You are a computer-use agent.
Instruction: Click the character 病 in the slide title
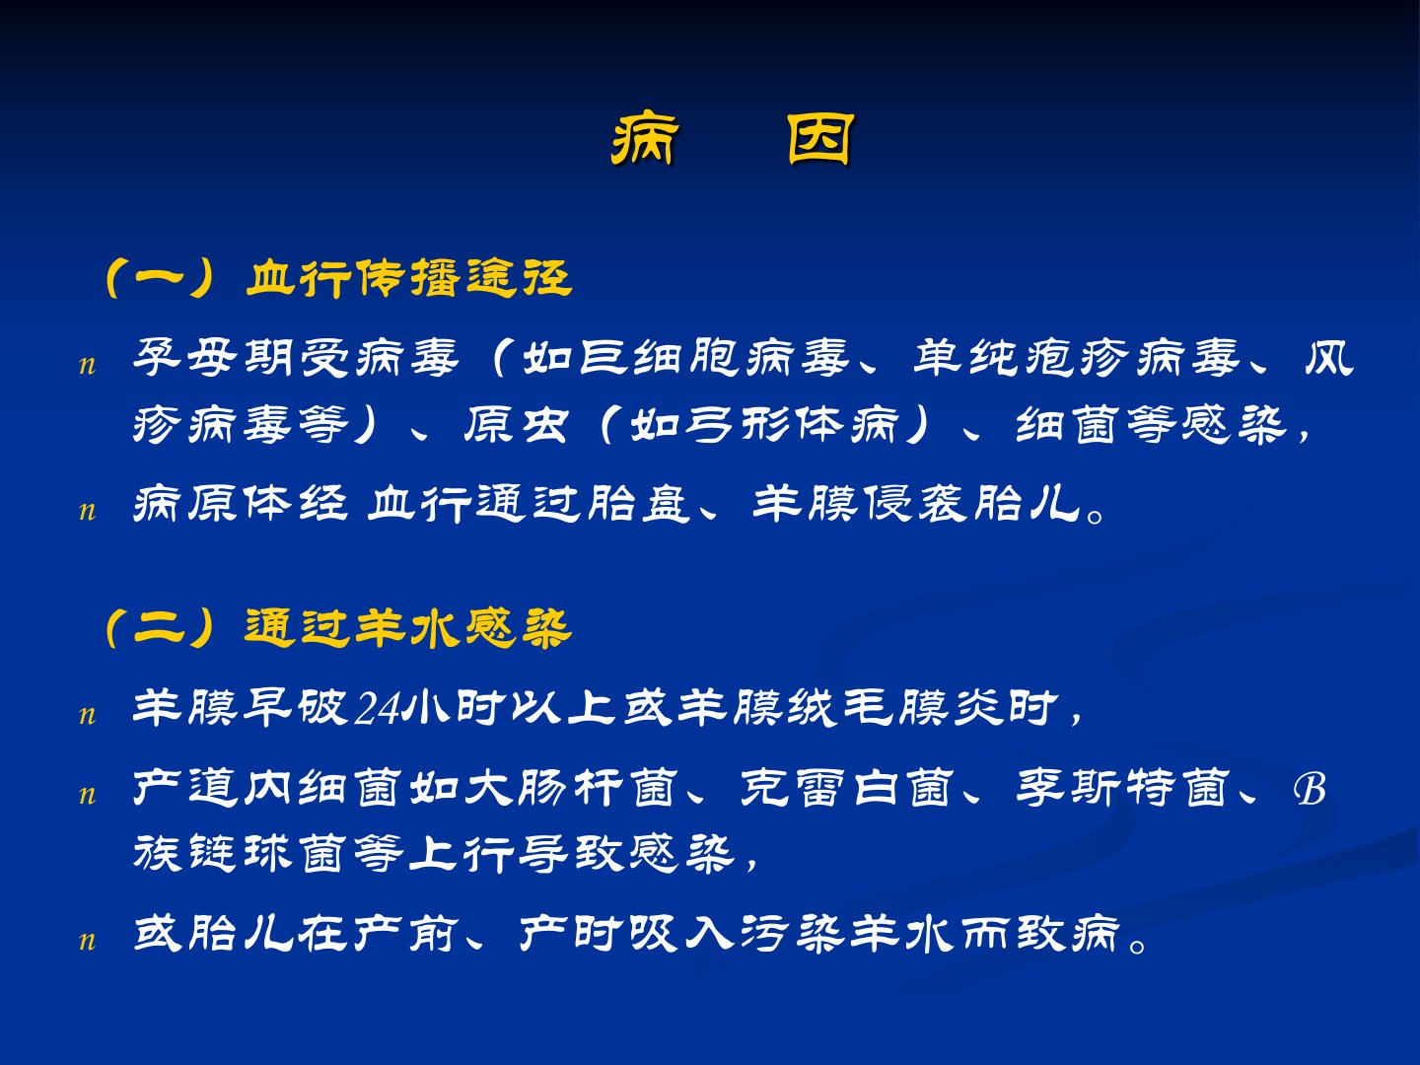644,140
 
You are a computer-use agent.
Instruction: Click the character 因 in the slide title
821,140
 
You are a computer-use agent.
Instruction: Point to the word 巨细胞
660,358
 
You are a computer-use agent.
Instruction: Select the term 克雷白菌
847,788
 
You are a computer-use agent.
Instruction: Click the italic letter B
1310,790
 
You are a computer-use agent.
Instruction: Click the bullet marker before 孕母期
88,366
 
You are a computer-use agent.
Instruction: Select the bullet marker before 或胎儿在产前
88,942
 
